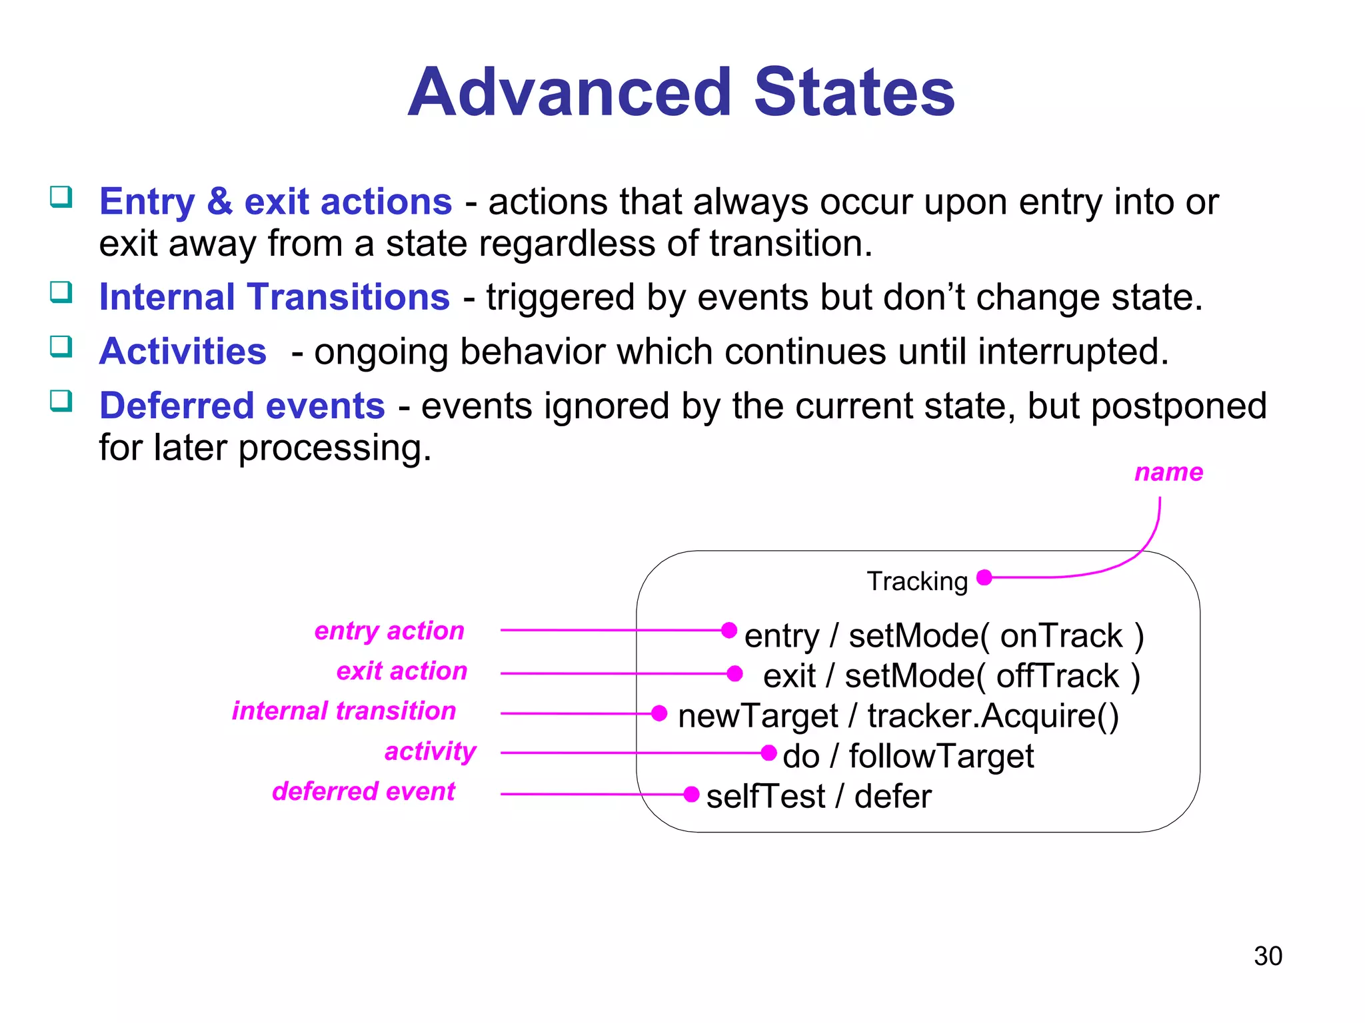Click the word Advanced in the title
coord(570,93)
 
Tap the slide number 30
coord(1268,956)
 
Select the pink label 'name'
coord(1168,472)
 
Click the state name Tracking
coord(917,581)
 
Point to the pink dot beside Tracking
coord(984,577)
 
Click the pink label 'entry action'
coord(389,631)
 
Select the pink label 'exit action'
coord(402,671)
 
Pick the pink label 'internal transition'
coord(344,711)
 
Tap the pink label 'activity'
coord(431,751)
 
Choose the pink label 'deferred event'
coord(364,791)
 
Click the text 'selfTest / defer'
coord(818,797)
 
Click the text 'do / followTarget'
coord(908,757)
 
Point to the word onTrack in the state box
coord(1061,635)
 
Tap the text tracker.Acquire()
coord(993,716)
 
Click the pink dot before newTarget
coord(659,713)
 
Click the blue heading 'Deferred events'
coord(242,406)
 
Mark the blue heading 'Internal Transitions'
coord(275,297)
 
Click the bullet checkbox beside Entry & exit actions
coord(61,197)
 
